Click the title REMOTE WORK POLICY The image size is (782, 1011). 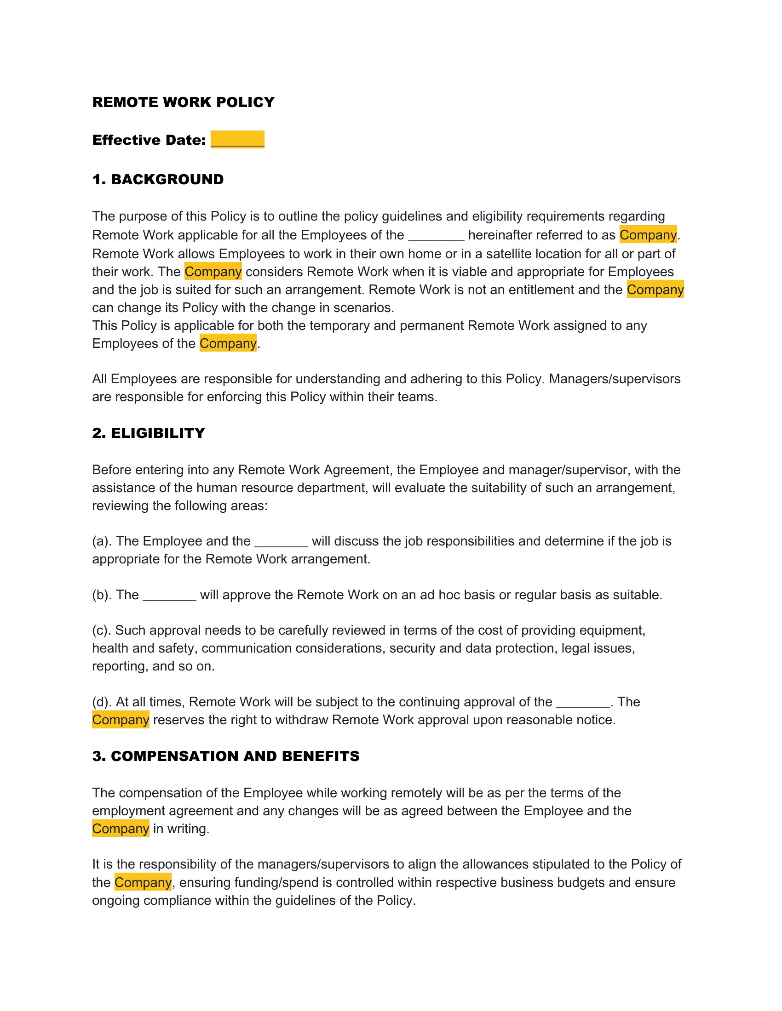pyautogui.click(x=183, y=102)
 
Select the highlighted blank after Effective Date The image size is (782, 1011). pyautogui.click(x=237, y=139)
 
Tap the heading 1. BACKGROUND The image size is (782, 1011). pyautogui.click(x=157, y=179)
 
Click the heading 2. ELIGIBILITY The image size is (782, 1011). pyautogui.click(x=148, y=433)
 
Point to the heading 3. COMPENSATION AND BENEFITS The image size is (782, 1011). pyautogui.click(x=225, y=756)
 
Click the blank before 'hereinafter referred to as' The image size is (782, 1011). pyautogui.click(x=436, y=235)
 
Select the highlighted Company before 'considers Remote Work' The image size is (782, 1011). pyautogui.click(x=213, y=272)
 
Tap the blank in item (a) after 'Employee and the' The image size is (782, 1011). pyautogui.click(x=281, y=541)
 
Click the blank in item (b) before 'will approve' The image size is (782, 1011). pyautogui.click(x=170, y=595)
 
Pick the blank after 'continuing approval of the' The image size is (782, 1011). pyautogui.click(x=583, y=702)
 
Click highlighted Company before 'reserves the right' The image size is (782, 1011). pyautogui.click(x=121, y=720)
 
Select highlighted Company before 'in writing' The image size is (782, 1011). pyautogui.click(x=121, y=829)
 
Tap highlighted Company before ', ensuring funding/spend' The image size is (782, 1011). pyautogui.click(x=143, y=882)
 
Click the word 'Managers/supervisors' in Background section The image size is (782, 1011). pyautogui.click(x=615, y=379)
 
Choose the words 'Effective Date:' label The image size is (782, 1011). pyautogui.click(x=149, y=140)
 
